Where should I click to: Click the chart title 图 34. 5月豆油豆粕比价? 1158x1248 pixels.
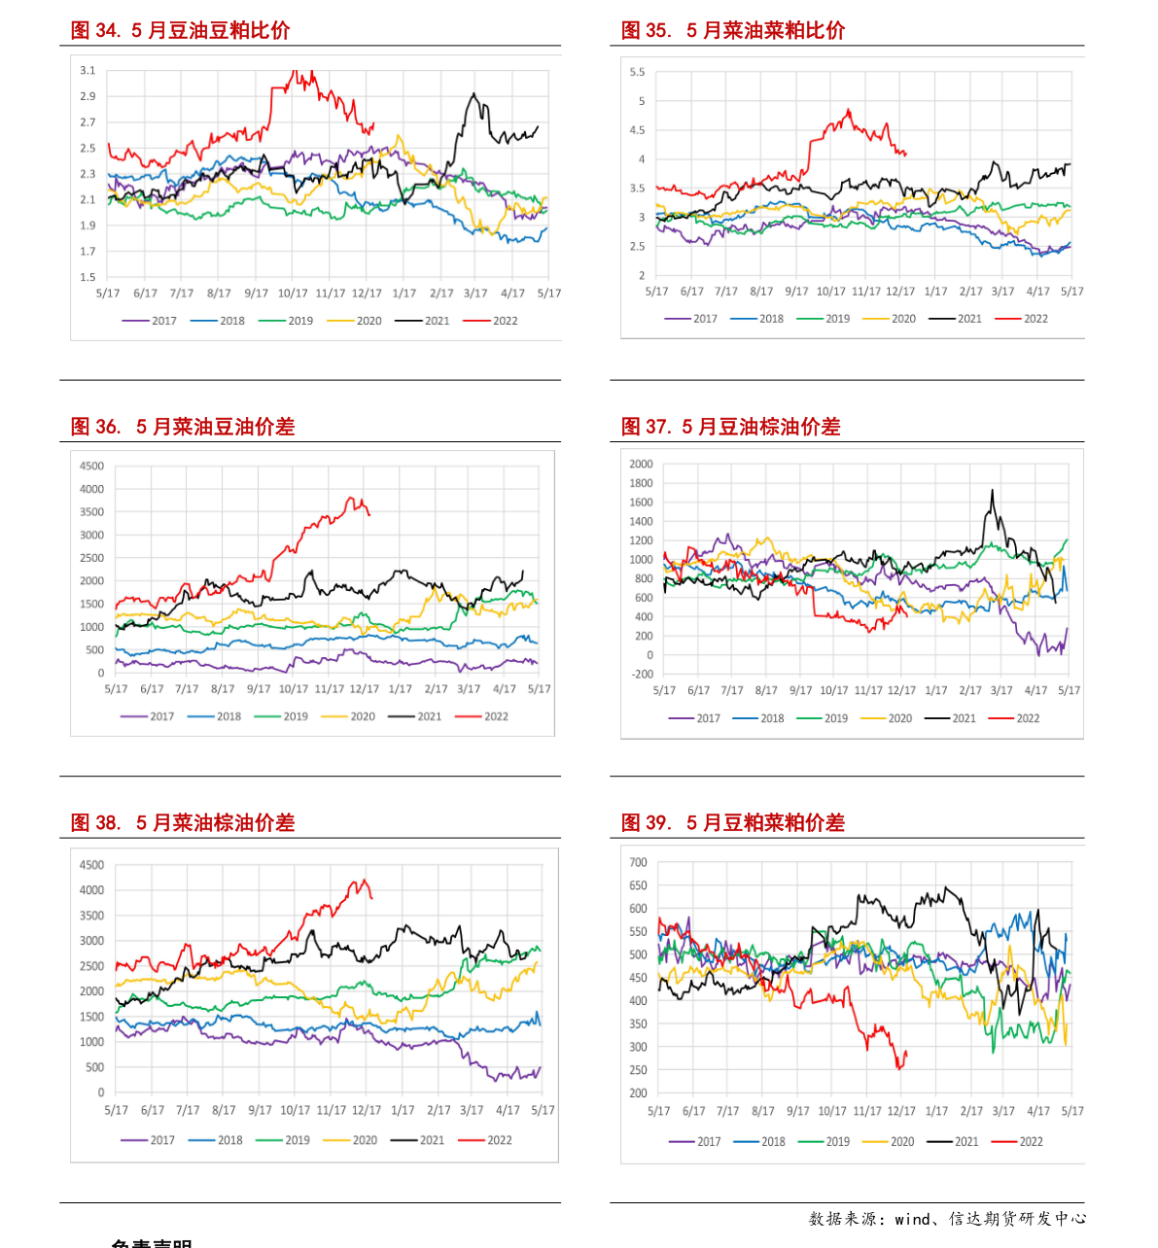pos(180,31)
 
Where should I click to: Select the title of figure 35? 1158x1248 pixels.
pos(733,31)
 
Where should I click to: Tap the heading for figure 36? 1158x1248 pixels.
pos(182,427)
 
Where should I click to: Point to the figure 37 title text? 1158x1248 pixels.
pos(730,427)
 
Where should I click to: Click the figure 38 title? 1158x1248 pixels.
pos(182,823)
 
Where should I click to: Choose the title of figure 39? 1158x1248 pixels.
pos(733,823)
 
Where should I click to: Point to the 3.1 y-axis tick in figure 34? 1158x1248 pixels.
pos(88,70)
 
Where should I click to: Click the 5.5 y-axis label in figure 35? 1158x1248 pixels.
pos(637,72)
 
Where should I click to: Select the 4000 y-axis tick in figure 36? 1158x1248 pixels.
pos(92,489)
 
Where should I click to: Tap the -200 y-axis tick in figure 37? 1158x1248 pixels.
pos(642,675)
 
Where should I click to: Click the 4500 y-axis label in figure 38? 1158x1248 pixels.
pos(92,865)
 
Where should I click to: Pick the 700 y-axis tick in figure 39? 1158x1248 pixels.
pos(638,862)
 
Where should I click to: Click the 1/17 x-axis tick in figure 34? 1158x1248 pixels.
pos(404,294)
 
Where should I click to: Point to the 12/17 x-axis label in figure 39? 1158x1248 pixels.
pos(901,1111)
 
